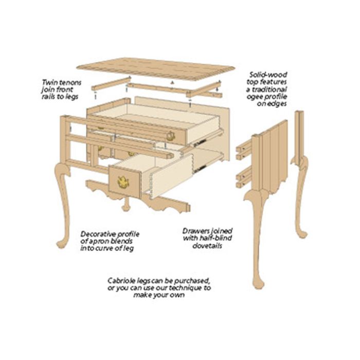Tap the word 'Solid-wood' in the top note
pyautogui.click(x=268, y=75)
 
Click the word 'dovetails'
pyautogui.click(x=207, y=246)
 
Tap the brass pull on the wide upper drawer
pyautogui.click(x=170, y=136)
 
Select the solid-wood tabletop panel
pyautogui.click(x=156, y=69)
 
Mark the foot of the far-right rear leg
pyautogui.click(x=302, y=235)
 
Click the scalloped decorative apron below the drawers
pyautogui.click(x=138, y=197)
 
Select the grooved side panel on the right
pyautogui.click(x=273, y=158)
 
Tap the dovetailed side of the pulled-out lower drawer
pyautogui.click(x=171, y=177)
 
